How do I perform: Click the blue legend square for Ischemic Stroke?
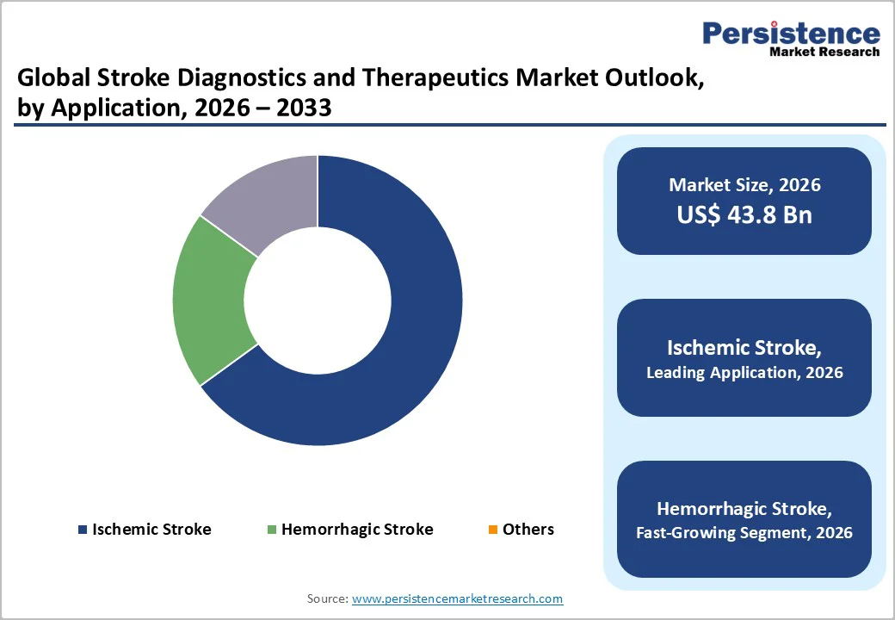tap(82, 530)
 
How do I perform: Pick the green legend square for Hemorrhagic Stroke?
tap(271, 530)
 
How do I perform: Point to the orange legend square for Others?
tap(492, 530)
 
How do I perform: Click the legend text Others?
tap(528, 530)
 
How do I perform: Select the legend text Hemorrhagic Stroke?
tap(357, 530)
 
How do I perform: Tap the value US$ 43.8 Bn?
tap(744, 214)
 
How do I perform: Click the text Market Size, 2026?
tap(744, 185)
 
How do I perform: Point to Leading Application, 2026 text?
tap(744, 373)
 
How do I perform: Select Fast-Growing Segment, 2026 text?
tap(744, 533)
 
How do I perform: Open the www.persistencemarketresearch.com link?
tap(457, 598)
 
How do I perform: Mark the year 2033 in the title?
tap(304, 109)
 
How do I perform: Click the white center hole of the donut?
tap(318, 301)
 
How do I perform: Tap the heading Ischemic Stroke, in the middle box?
tap(744, 348)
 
